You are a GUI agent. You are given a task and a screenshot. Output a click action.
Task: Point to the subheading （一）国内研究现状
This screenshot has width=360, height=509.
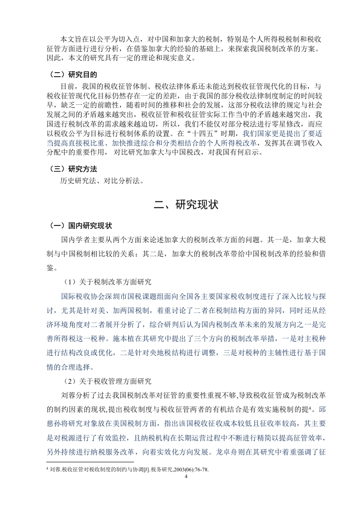[82, 226]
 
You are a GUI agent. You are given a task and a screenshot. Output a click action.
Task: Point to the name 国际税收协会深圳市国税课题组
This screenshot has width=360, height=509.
[111, 297]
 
